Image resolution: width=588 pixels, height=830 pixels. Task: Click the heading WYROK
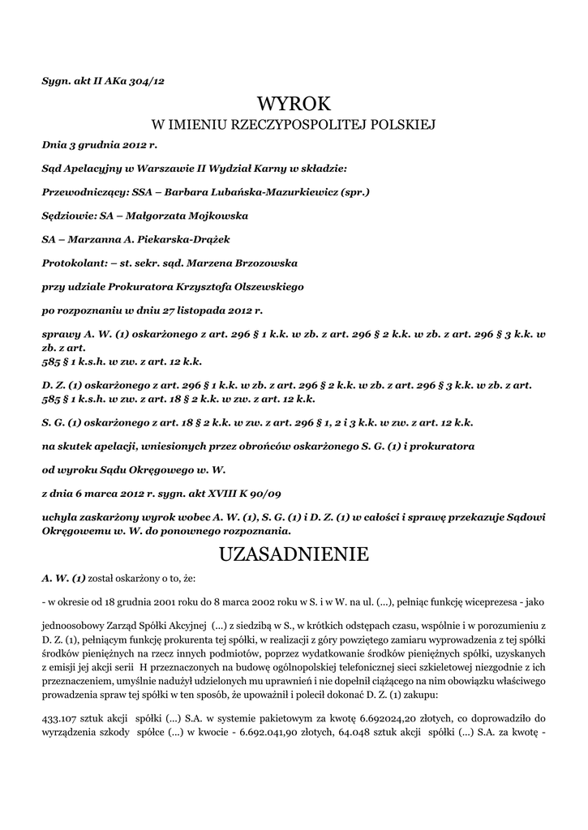tap(294, 105)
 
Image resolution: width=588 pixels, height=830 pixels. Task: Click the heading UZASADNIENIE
tap(294, 554)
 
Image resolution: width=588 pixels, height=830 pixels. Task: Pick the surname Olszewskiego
tap(262, 287)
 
